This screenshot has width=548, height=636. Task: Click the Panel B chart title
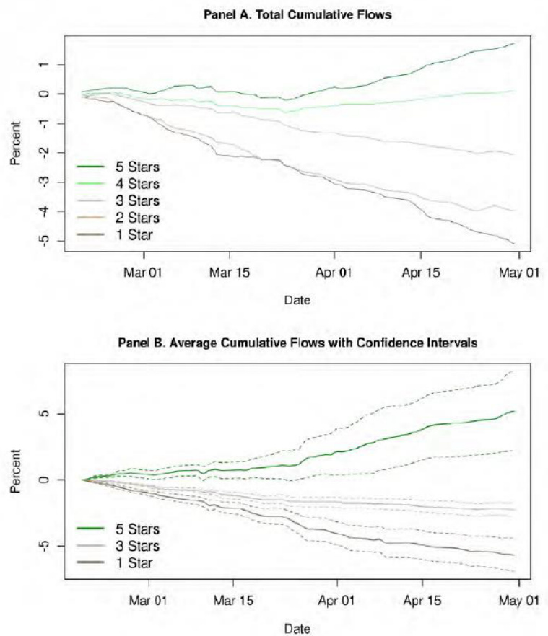tap(297, 343)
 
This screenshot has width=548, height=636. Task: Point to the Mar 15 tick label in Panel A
tap(230, 274)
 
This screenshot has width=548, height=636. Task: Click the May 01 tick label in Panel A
tap(518, 274)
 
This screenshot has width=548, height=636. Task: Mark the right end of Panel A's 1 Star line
tap(515, 244)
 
